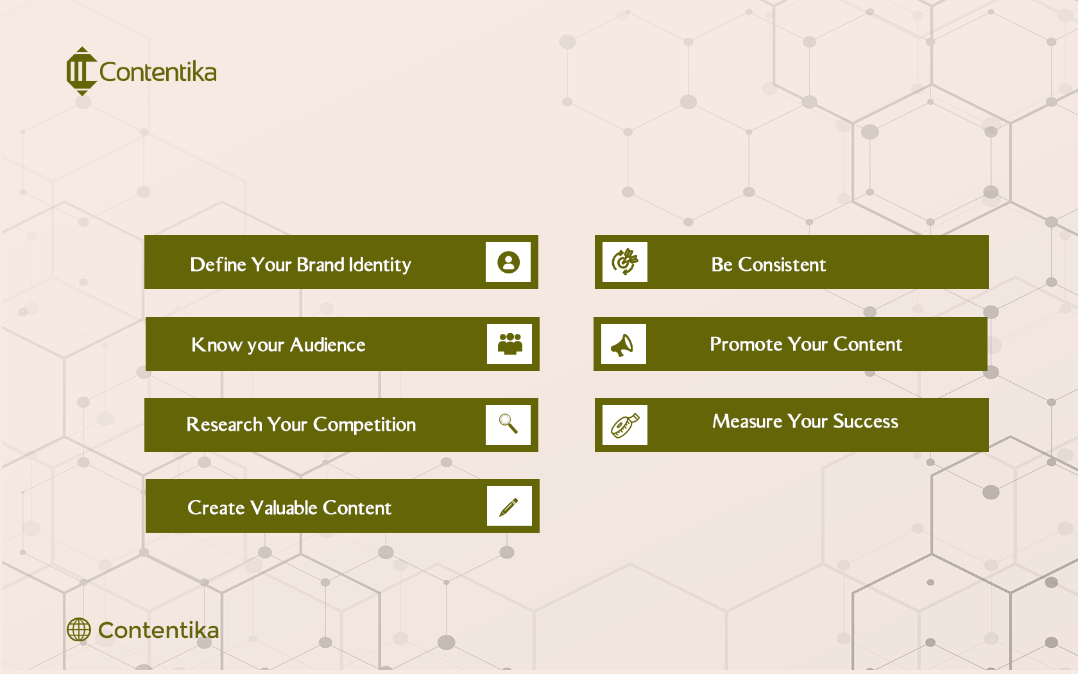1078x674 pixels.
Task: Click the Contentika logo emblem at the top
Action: point(81,71)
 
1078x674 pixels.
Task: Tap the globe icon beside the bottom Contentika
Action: point(79,630)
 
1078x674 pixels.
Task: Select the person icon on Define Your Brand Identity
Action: point(508,262)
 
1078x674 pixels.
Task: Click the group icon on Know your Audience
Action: point(509,344)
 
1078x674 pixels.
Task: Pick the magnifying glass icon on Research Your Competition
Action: point(508,424)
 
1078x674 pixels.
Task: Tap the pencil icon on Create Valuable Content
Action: point(509,506)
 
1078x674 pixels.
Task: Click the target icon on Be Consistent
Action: point(625,262)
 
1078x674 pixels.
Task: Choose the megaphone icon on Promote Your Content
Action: point(623,345)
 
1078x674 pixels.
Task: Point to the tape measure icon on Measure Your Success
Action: point(625,425)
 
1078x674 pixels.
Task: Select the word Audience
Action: point(328,345)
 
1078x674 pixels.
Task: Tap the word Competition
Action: point(364,425)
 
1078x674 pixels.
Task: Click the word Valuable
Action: point(284,508)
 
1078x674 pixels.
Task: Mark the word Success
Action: point(866,422)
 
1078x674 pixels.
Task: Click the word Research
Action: point(224,425)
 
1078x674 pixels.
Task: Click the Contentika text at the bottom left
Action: point(158,630)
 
